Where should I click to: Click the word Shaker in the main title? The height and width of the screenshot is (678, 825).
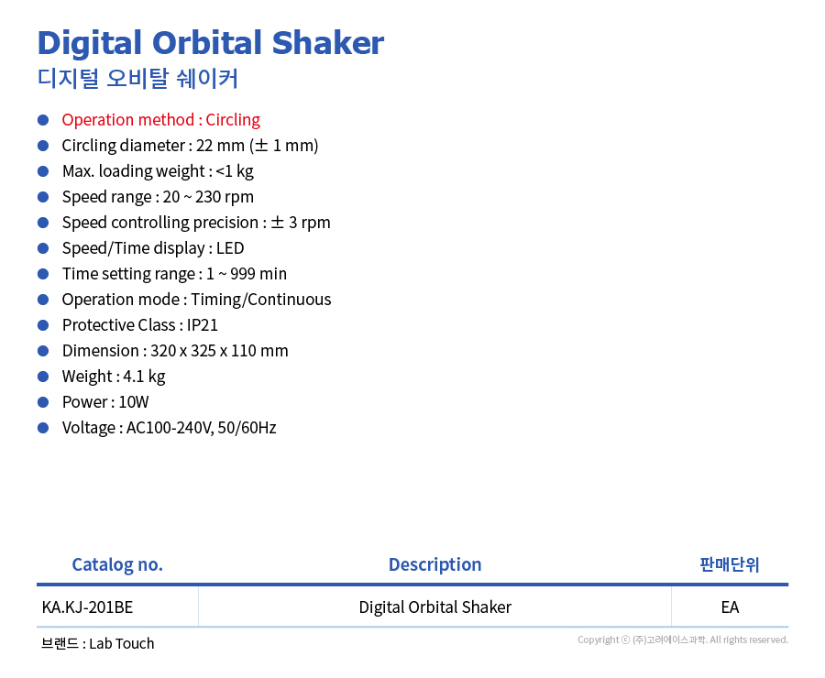coord(328,43)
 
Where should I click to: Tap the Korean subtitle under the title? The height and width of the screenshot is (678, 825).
coord(137,79)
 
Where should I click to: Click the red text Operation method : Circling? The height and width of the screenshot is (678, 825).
coord(161,120)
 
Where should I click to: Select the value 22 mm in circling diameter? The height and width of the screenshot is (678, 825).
coord(220,145)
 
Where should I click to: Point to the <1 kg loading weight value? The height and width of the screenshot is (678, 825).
coord(235,171)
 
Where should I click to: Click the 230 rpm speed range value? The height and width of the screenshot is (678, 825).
coord(225,197)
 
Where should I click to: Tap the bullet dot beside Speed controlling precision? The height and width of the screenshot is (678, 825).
coord(43,223)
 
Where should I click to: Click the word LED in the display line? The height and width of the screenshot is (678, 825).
coord(230,248)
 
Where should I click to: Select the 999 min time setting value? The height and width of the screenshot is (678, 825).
coord(258,274)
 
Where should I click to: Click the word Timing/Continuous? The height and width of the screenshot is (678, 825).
coord(261,300)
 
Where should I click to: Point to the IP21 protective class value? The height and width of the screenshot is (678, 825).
coord(202,325)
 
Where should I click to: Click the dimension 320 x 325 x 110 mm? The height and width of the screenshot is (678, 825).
coord(219,351)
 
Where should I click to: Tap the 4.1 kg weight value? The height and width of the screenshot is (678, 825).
coord(144,377)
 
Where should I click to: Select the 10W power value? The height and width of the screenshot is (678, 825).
coord(134,402)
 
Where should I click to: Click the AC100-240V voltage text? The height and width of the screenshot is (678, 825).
coord(169,428)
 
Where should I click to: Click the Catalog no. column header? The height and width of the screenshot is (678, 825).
coord(117,564)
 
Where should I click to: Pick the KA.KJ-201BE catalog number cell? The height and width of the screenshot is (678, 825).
coord(87,607)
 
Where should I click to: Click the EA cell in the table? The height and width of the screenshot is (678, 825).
coord(730,607)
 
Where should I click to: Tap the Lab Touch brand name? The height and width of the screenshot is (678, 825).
coord(122,644)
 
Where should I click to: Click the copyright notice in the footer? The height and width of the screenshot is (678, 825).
coord(683,640)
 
